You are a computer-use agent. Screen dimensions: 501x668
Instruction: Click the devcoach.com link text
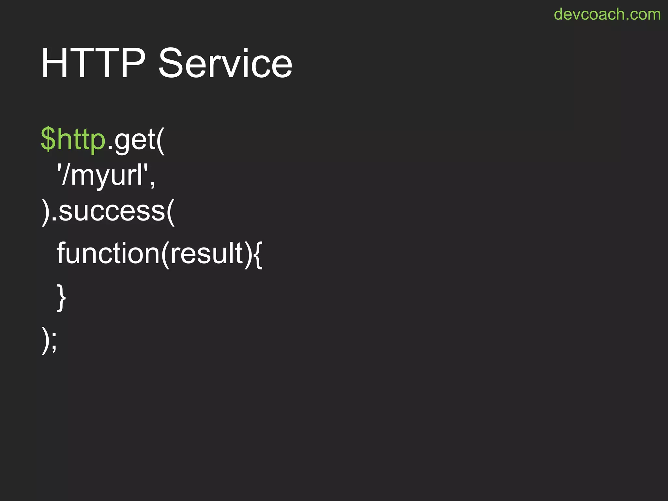pyautogui.click(x=607, y=14)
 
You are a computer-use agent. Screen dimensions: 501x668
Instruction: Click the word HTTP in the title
pyautogui.click(x=93, y=63)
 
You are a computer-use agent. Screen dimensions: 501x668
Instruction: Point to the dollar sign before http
pyautogui.click(x=48, y=140)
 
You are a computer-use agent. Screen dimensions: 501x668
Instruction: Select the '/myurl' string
pyautogui.click(x=102, y=175)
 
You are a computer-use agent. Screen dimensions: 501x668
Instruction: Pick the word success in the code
pyautogui.click(x=112, y=211)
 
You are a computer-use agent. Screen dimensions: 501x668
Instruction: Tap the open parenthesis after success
pyautogui.click(x=171, y=212)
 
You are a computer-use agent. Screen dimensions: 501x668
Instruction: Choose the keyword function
pyautogui.click(x=108, y=253)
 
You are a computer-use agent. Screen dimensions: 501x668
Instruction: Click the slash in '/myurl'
pyautogui.click(x=66, y=175)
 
